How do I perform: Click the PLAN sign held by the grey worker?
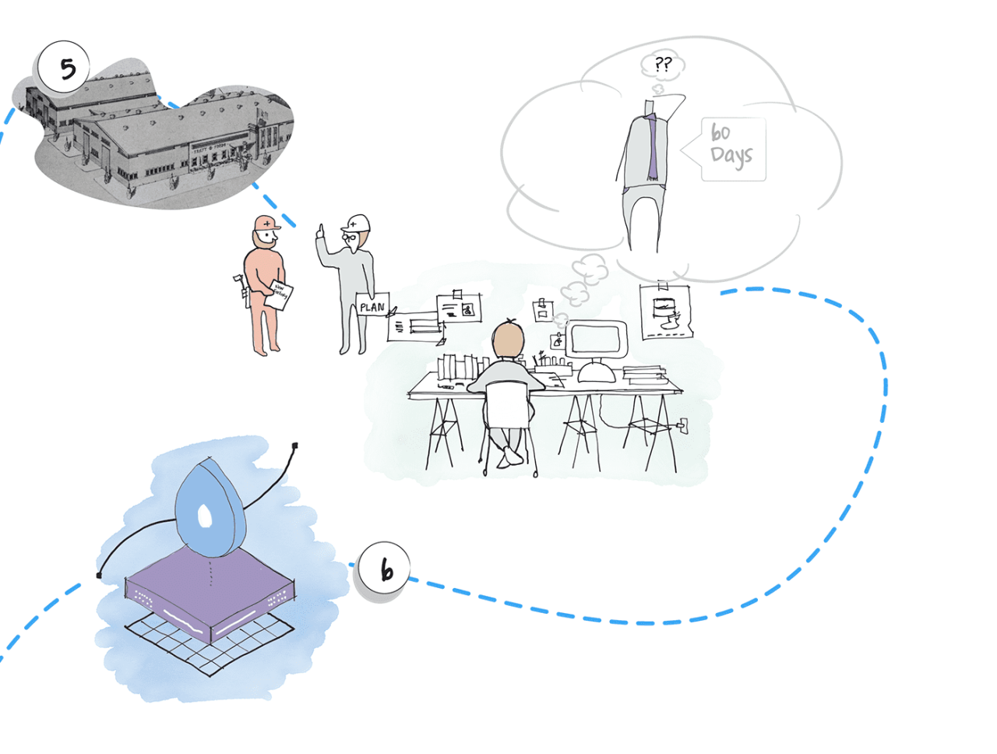coord(372,307)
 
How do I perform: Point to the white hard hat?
coord(357,223)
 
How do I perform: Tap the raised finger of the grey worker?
coord(320,231)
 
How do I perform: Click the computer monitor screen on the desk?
coord(597,338)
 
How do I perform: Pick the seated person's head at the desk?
coord(509,340)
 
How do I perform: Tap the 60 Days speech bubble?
coord(732,148)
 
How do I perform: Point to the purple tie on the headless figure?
coord(654,148)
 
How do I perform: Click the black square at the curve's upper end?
coord(294,446)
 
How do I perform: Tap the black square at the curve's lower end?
coord(100,576)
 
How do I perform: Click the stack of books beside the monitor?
coord(643,375)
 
